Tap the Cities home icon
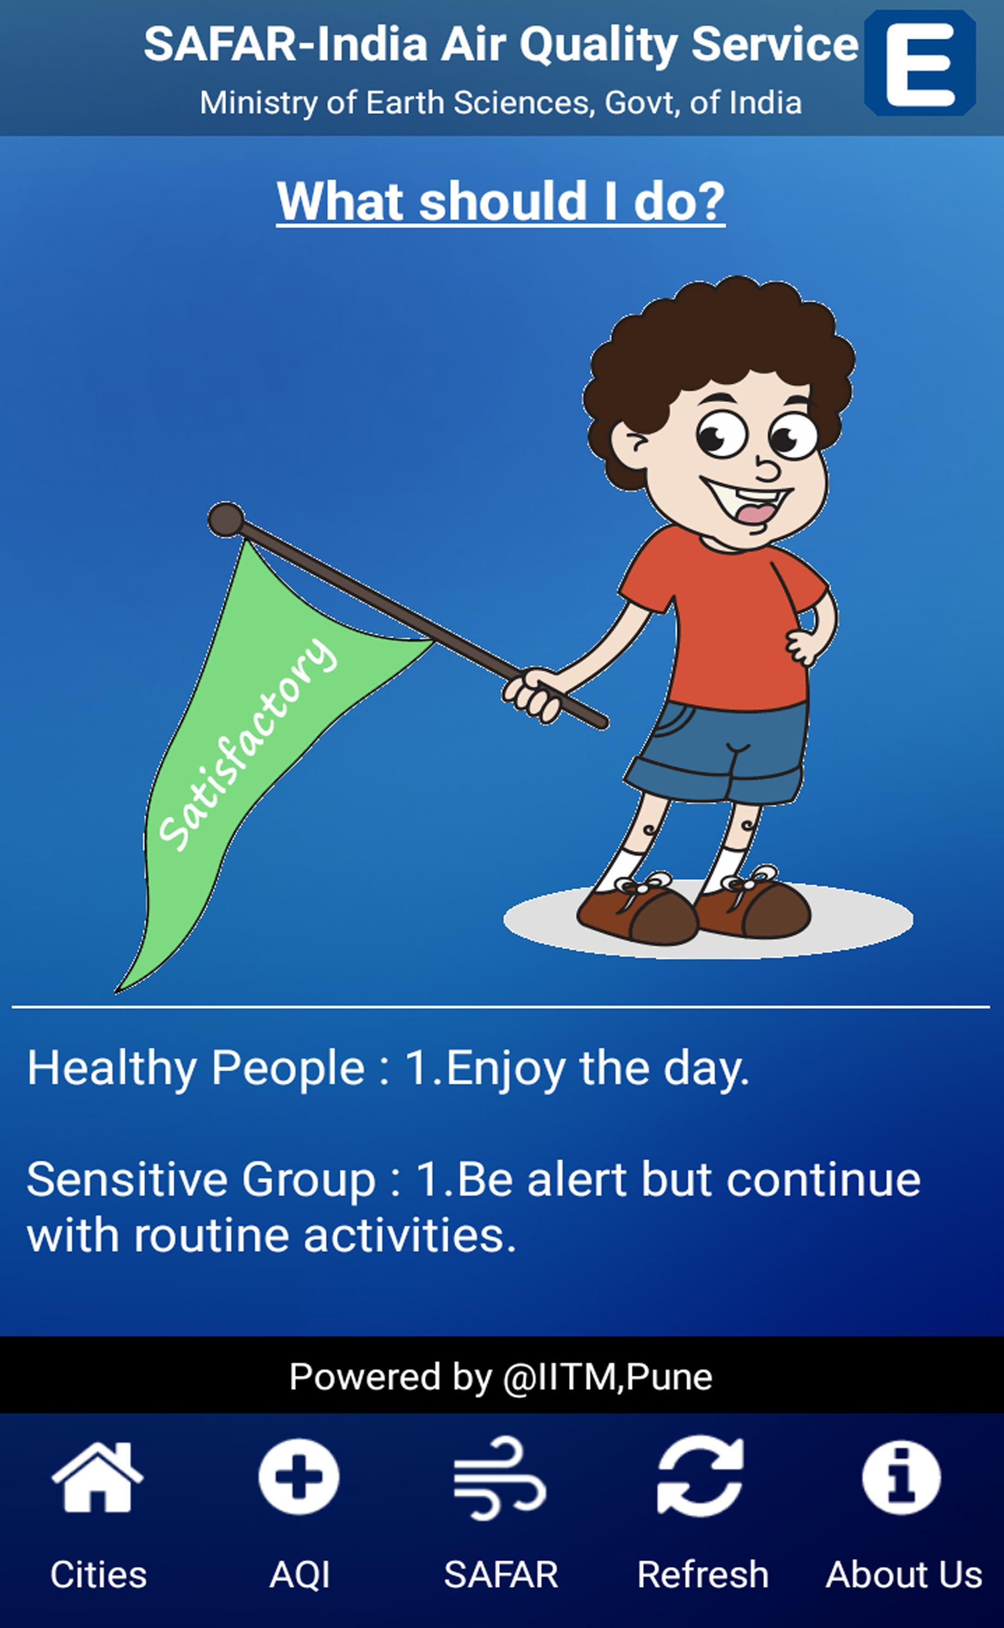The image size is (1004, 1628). point(98,1478)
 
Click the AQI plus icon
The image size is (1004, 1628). point(299,1477)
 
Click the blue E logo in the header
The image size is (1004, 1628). point(920,63)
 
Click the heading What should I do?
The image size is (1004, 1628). point(501,201)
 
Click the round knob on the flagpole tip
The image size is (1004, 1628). point(226,519)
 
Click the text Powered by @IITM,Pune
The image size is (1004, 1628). point(501,1376)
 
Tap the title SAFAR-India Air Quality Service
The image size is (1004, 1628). point(501,44)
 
